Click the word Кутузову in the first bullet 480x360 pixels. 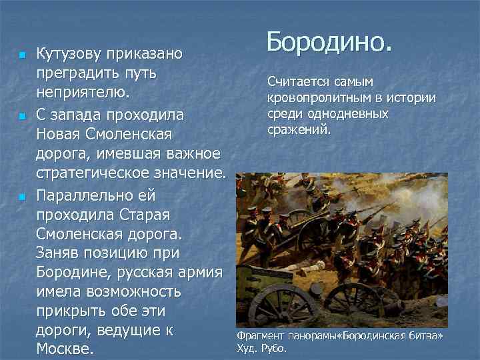pos(73,53)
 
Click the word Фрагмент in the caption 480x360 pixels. pos(261,335)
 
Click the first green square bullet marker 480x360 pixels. pos(21,54)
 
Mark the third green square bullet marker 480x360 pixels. pos(21,198)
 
